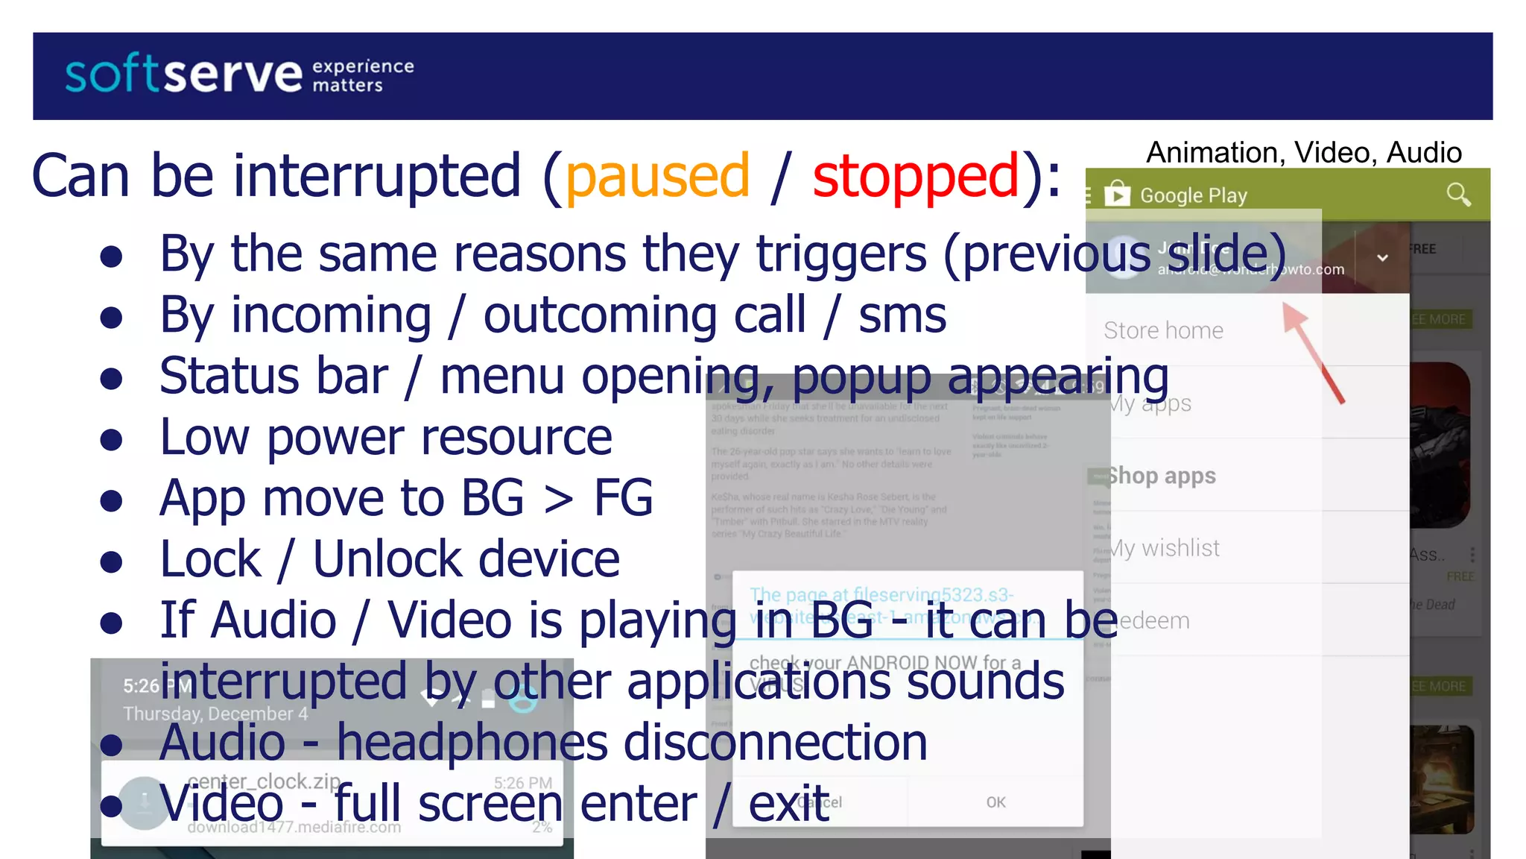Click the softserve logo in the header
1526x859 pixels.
tap(183, 75)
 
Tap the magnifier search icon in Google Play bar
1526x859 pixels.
tap(1457, 195)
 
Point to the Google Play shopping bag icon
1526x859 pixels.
tap(1117, 194)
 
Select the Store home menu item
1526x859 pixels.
tap(1163, 330)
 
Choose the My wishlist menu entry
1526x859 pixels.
tap(1164, 548)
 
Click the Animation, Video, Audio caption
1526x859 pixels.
tap(1303, 152)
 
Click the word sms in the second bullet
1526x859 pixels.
tap(902, 315)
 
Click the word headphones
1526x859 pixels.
tap(472, 743)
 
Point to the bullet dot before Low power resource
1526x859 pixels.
tap(111, 439)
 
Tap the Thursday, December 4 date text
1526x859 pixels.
tap(215, 714)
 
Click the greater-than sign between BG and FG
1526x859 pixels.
tap(559, 499)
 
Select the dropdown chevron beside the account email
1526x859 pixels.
tap(1382, 258)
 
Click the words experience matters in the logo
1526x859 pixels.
tap(362, 75)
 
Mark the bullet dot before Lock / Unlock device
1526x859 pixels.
tap(111, 561)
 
